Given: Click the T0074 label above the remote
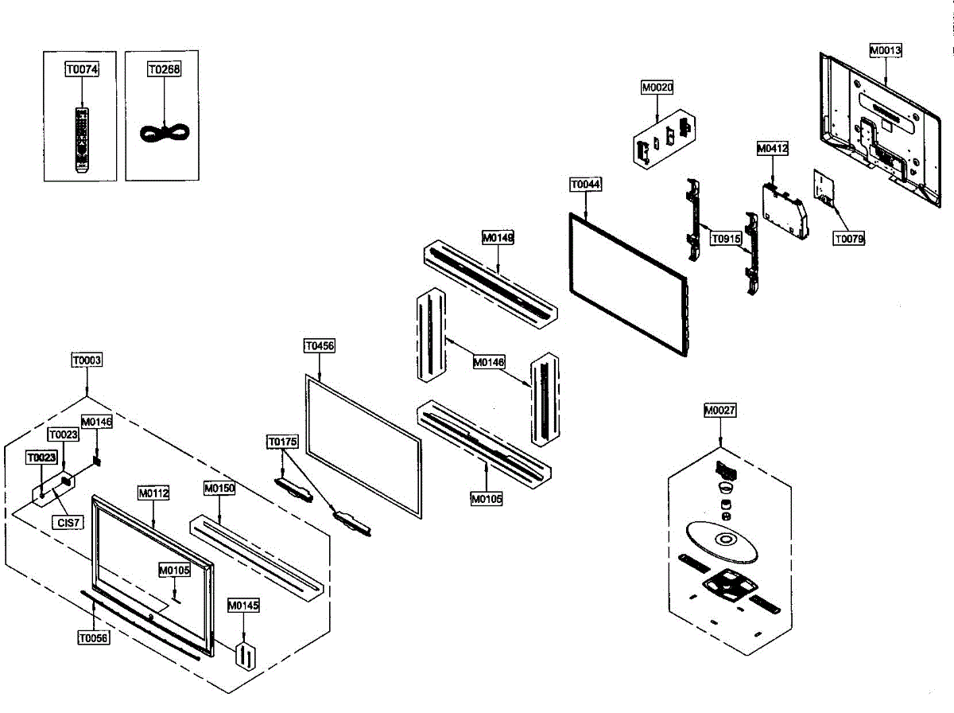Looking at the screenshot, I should click(82, 69).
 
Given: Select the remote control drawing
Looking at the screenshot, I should click(81, 140).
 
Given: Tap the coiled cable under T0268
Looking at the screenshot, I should click(163, 132).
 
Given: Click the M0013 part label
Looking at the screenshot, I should click(885, 50).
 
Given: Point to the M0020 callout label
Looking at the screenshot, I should click(657, 88).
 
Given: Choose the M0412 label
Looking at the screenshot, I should click(772, 149).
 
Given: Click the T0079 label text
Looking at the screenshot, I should click(849, 238).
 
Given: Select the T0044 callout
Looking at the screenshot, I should click(586, 185).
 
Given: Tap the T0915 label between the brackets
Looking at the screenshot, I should click(726, 238).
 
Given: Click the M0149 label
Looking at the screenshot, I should click(498, 237).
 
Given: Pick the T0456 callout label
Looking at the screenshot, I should click(320, 346).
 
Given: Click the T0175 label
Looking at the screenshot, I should click(282, 441).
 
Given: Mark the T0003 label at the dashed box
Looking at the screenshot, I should click(87, 360).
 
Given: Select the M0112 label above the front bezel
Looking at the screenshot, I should click(153, 493).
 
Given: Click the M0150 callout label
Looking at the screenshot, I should click(219, 488).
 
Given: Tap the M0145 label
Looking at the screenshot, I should click(243, 606).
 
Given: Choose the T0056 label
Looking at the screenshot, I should click(93, 637).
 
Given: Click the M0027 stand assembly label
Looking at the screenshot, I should click(720, 411).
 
